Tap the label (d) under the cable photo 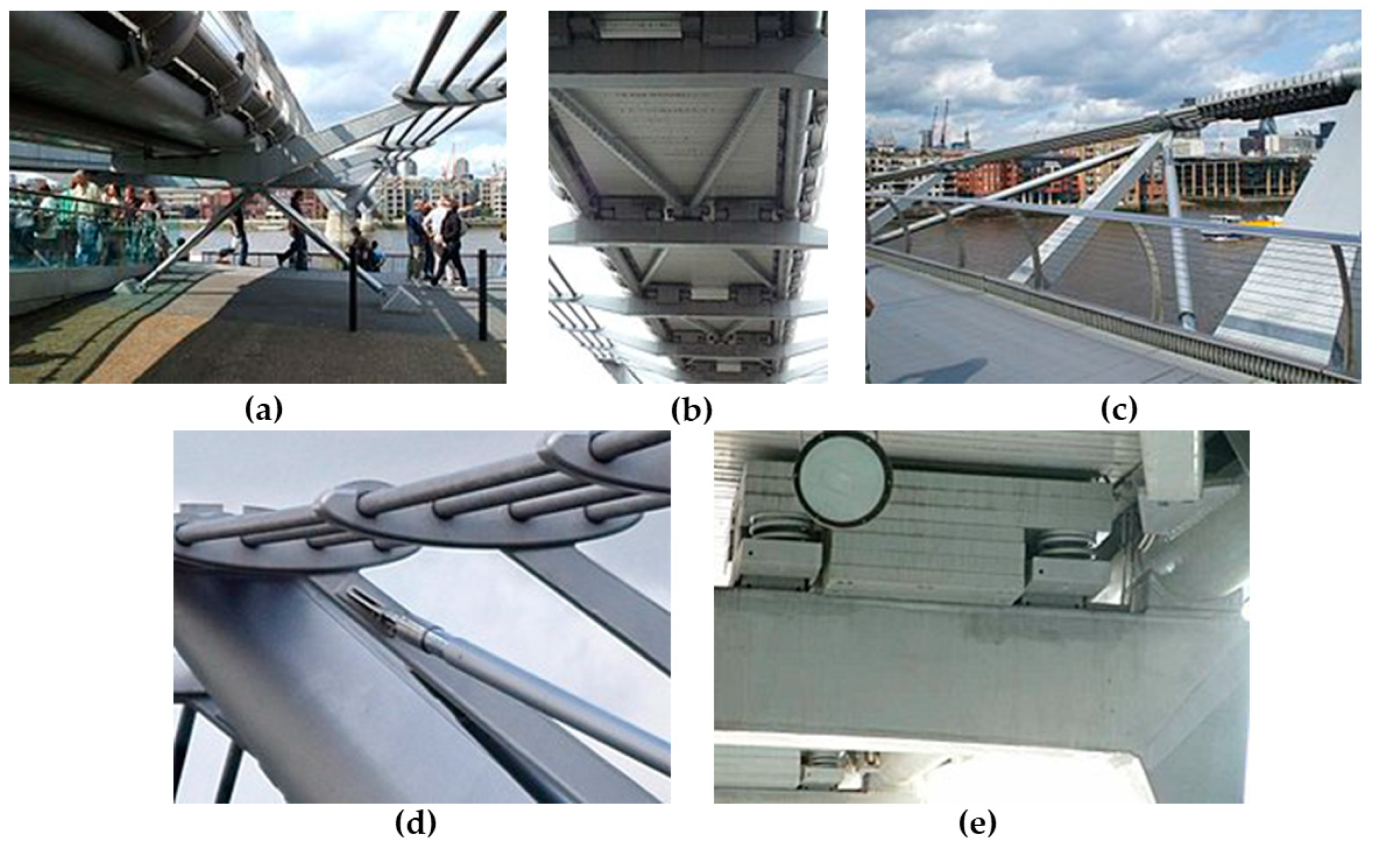point(416,823)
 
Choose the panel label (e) point(977,823)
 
